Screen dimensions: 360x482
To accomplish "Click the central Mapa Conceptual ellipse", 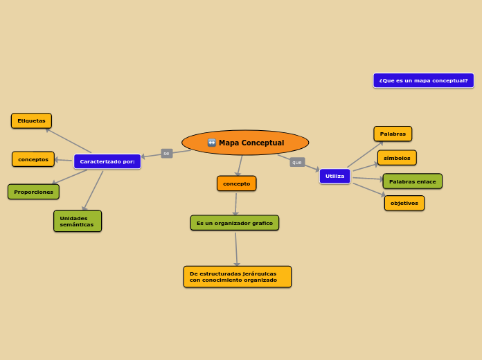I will click(x=245, y=143).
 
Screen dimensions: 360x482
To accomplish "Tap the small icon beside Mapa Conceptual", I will click(x=212, y=143).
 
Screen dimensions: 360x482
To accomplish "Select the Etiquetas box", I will click(x=31, y=121).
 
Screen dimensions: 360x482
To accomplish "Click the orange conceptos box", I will click(x=33, y=159).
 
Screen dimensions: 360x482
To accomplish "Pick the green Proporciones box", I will click(x=33, y=192).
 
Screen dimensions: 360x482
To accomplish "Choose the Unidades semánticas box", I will click(x=78, y=221).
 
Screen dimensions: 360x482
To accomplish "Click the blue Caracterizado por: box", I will click(x=107, y=161).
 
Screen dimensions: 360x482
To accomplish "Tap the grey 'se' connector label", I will click(x=166, y=153).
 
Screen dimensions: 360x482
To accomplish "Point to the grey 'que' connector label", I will click(x=297, y=162).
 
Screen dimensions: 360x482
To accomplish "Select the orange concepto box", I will click(x=236, y=183).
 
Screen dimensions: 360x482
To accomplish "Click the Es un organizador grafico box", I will click(x=235, y=223).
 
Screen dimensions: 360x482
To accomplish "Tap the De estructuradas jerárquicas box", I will click(x=237, y=277).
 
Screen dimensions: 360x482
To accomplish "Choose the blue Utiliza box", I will click(x=334, y=177).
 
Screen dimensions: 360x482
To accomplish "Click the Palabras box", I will click(x=393, y=134).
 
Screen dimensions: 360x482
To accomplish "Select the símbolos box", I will click(x=397, y=158).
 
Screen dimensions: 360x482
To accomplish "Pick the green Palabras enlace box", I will click(x=412, y=181).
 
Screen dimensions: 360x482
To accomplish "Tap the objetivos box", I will click(x=404, y=203).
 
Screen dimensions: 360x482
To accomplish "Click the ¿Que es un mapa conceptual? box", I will click(x=423, y=80).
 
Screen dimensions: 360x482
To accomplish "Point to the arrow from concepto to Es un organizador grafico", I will click(x=236, y=204).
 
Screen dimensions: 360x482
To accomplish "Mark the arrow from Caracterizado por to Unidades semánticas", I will click(x=94, y=190).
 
